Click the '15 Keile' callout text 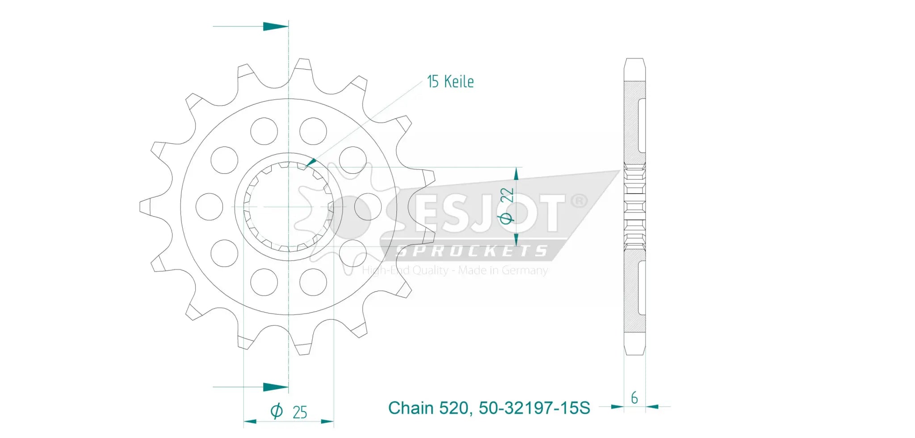450,82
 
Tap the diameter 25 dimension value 299,412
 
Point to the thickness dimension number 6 634,398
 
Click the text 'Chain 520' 428,408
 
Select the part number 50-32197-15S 534,408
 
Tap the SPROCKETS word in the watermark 472,251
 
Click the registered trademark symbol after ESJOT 579,201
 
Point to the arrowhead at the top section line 275,26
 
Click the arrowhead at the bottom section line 275,387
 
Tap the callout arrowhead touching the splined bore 311,162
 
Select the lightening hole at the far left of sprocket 209,207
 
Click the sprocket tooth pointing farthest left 146,207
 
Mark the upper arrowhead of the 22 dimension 516,174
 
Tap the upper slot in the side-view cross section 642,125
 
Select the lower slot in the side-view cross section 642,288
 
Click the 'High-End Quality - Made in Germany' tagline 455,271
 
